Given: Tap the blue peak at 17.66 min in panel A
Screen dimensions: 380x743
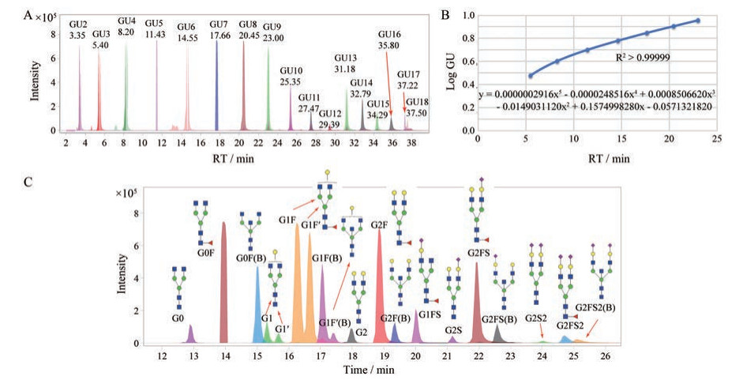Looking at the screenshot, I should pyautogui.click(x=217, y=87).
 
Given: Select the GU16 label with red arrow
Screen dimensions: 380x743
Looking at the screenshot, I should pyautogui.click(x=390, y=40).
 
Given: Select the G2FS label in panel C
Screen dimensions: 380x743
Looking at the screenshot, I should pyautogui.click(x=479, y=252).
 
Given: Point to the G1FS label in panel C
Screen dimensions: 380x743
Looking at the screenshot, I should pyautogui.click(x=430, y=314).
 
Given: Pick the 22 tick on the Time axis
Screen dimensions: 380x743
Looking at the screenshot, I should pyautogui.click(x=478, y=356).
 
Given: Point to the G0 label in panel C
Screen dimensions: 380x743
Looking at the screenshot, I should pyautogui.click(x=179, y=319).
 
